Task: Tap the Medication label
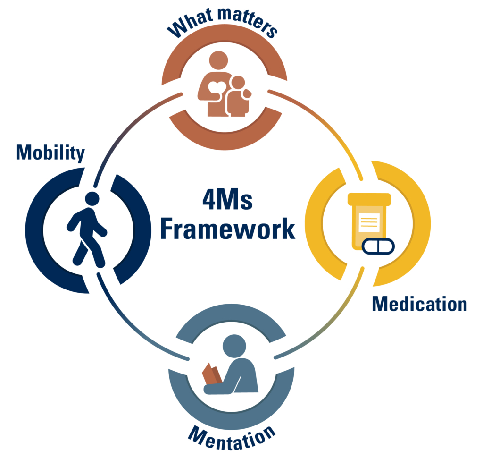tap(419, 304)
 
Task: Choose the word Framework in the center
tap(227, 229)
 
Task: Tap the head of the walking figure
tap(92, 199)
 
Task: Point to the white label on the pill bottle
tap(369, 222)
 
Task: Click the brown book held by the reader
tap(211, 375)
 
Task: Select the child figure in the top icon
tap(238, 97)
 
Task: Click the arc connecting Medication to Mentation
tap(330, 321)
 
